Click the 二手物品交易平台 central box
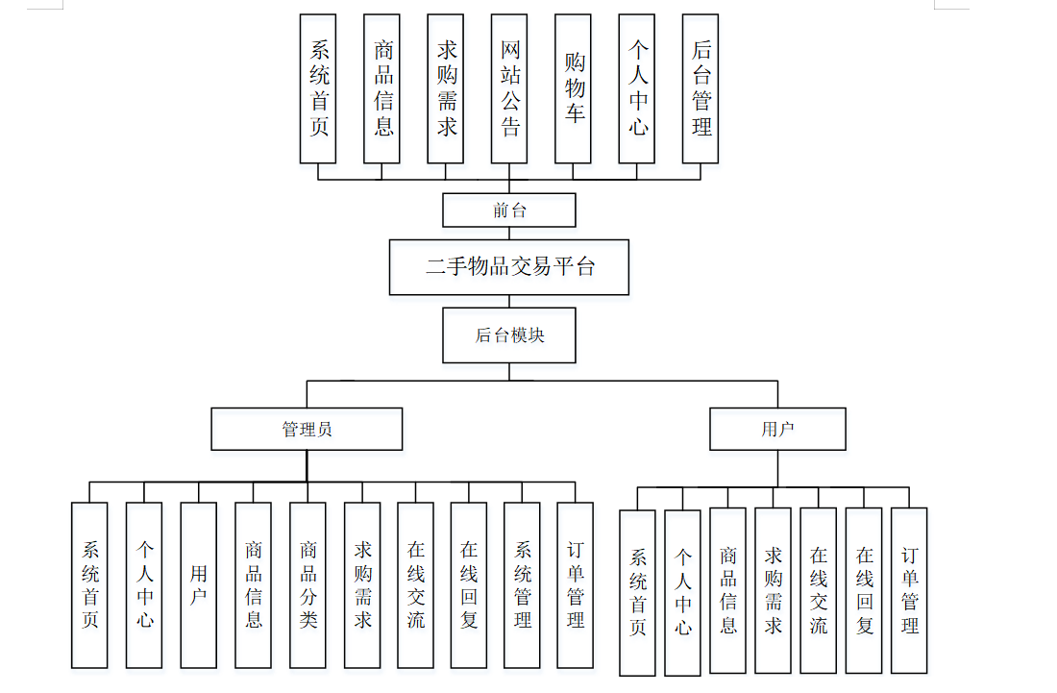click(x=508, y=267)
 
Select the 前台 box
click(x=508, y=210)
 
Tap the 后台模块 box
click(x=509, y=335)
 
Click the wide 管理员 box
click(x=307, y=429)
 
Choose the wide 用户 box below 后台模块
click(x=777, y=429)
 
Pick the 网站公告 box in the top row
click(x=509, y=88)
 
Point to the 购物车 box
click(x=574, y=88)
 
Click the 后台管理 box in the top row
click(x=701, y=88)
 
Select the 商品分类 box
click(x=307, y=584)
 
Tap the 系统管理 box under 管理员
click(x=522, y=584)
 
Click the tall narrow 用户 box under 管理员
click(x=198, y=584)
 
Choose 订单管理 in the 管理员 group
click(x=575, y=584)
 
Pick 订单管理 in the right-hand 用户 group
click(x=909, y=590)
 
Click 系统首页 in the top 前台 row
click(x=318, y=88)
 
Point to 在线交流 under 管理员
click(x=415, y=584)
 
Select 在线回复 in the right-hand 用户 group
click(x=864, y=590)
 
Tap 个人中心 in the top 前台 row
click(x=637, y=88)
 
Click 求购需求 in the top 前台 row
click(x=446, y=88)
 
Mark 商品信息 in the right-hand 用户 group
click(x=727, y=590)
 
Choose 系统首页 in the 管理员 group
click(x=89, y=584)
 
